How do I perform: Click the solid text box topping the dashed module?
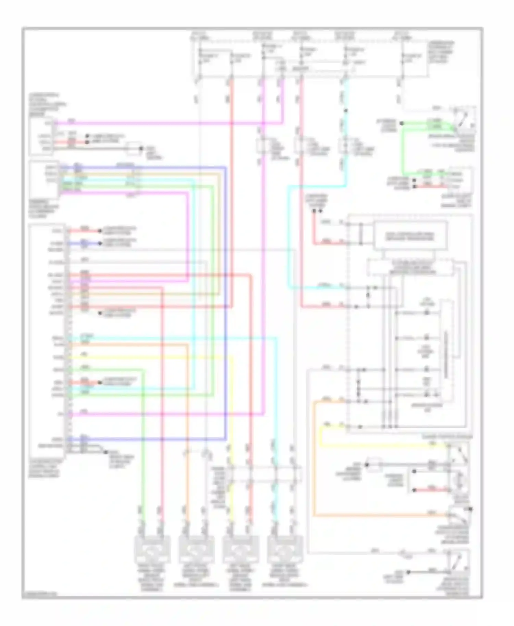(x=410, y=235)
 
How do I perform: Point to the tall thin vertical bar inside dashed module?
(x=446, y=349)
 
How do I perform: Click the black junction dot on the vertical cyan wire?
(x=346, y=111)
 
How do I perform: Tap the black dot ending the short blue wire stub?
(x=100, y=243)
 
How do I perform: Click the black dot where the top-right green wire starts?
(x=402, y=123)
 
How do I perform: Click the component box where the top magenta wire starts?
(x=40, y=136)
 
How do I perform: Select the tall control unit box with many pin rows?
(x=48, y=339)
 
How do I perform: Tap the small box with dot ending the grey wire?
(x=135, y=148)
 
